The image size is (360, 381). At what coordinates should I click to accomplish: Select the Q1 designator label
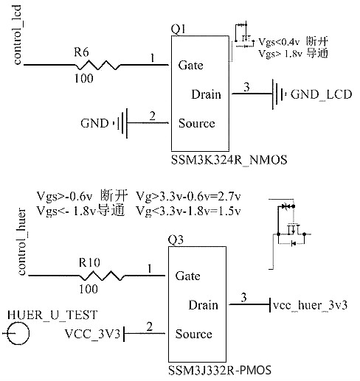[178, 29]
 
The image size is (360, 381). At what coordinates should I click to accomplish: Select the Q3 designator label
[175, 240]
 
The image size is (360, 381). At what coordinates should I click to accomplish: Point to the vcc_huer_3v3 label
[310, 305]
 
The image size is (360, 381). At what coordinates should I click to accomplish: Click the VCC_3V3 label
[92, 335]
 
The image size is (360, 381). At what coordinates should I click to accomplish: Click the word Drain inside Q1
[206, 94]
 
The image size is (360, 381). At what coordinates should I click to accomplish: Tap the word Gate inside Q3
[188, 276]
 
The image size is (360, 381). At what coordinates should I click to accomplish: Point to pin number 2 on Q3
[151, 326]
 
